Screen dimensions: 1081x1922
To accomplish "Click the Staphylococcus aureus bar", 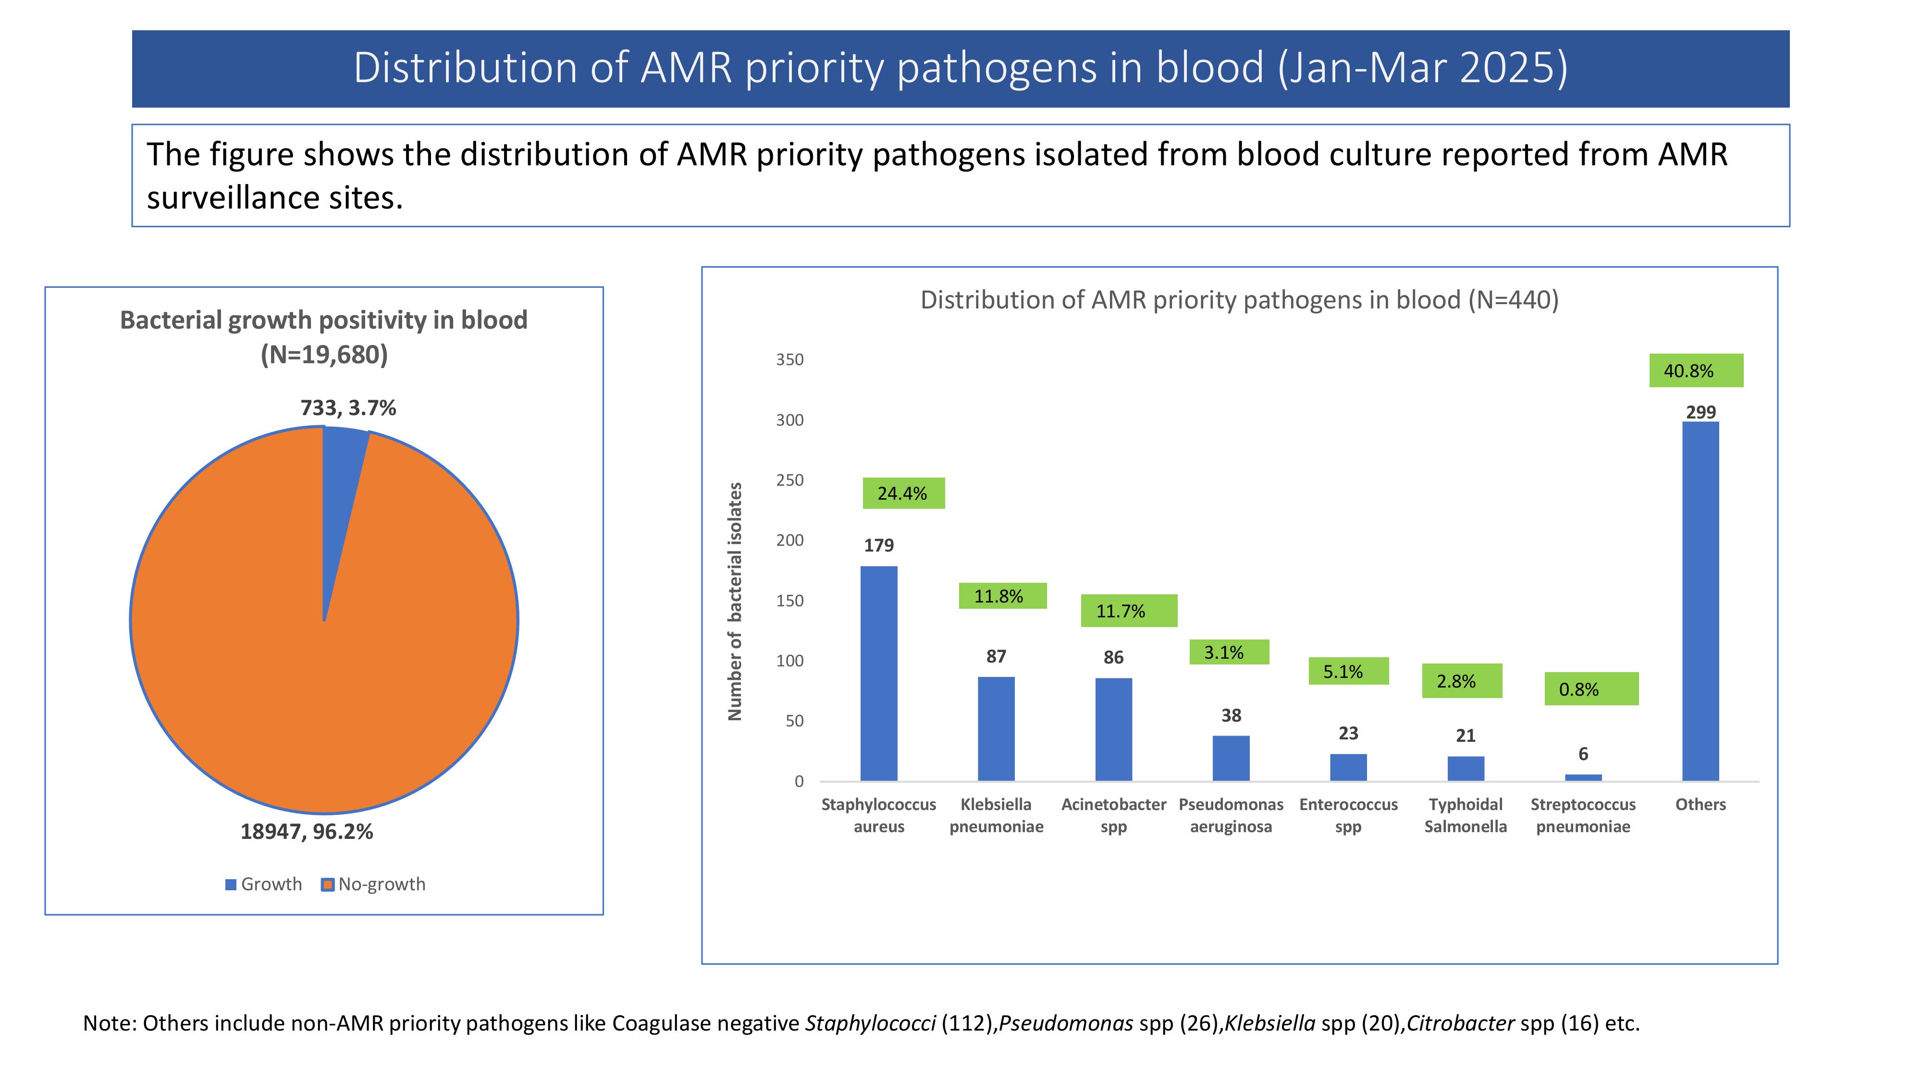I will tap(879, 673).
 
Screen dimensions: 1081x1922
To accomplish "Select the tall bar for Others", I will tap(1700, 602).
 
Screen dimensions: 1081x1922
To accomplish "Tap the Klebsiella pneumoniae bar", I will tap(996, 728).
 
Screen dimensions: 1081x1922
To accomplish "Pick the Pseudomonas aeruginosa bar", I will tap(1231, 758).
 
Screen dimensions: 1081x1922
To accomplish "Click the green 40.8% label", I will tap(1696, 371).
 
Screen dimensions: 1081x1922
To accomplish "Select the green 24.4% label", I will tap(903, 493).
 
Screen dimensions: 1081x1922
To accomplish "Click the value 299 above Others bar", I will tap(1701, 412).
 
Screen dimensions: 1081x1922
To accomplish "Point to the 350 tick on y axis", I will tap(790, 359).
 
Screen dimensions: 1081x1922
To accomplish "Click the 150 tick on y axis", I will tap(790, 601).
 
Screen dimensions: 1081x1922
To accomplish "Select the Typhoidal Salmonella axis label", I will tap(1466, 815).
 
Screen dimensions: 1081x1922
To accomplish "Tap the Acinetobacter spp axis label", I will tap(1113, 815).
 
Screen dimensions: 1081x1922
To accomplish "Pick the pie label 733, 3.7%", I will tap(348, 408).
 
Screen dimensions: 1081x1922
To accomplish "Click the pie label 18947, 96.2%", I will tap(307, 832).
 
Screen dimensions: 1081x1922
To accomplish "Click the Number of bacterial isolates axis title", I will tap(735, 602).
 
